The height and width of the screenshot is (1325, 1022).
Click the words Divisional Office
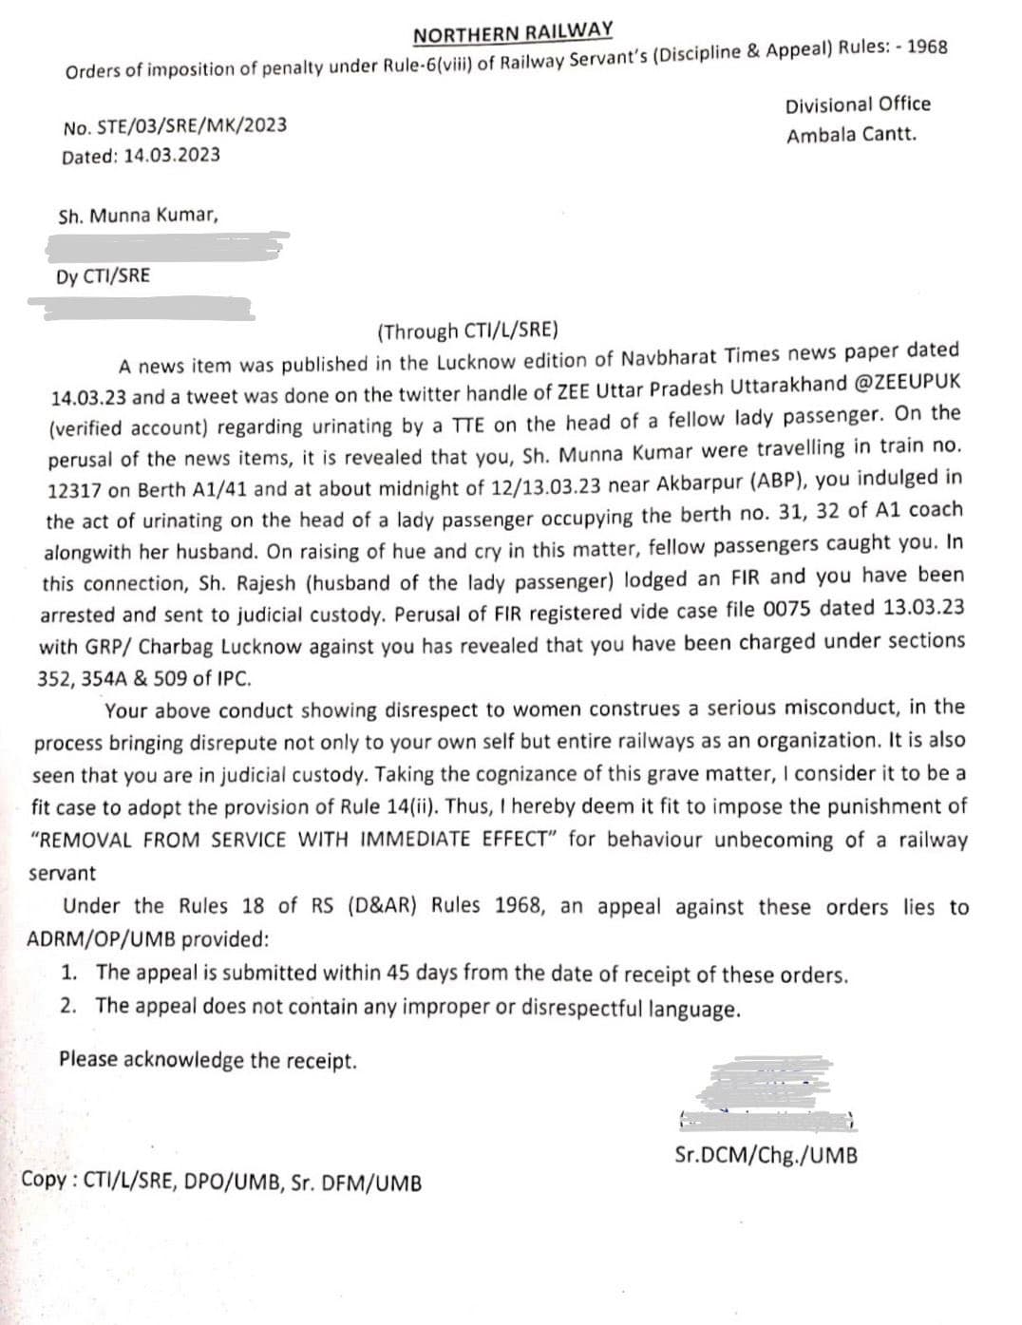858,104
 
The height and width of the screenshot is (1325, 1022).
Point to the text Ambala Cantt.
851,134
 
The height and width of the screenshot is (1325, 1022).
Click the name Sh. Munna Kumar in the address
138,216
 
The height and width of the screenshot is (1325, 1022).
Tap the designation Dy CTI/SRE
103,276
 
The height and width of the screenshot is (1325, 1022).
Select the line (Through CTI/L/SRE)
468,331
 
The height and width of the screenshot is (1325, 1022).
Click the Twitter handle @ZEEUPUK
908,382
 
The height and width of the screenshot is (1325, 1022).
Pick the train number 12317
77,490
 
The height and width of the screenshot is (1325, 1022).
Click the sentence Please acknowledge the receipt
208,1060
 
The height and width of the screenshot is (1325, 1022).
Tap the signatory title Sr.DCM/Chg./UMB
766,1156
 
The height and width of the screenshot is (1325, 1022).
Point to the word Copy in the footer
43,1181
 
